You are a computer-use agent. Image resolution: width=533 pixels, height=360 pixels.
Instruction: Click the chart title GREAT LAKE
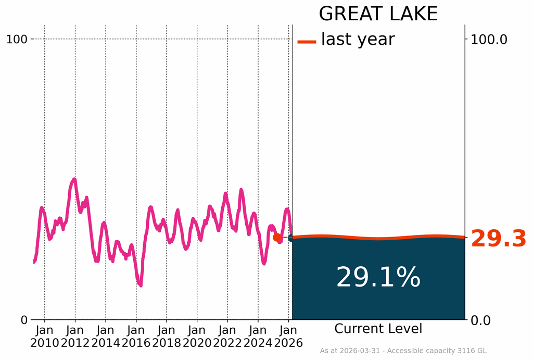(378, 14)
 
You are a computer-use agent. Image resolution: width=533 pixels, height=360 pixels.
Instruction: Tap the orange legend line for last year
(307, 42)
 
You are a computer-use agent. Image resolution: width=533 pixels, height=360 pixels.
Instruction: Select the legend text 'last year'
(358, 39)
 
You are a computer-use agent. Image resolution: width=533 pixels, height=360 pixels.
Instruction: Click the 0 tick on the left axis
(24, 320)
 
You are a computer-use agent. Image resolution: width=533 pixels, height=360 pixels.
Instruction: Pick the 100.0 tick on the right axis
(489, 39)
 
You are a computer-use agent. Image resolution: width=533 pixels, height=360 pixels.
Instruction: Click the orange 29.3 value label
(499, 239)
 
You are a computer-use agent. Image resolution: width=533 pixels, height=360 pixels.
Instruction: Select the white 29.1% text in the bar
(378, 277)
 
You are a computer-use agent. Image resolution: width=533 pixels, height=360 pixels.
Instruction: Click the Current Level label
(378, 329)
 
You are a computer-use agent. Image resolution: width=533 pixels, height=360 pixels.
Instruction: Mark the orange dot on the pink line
(277, 238)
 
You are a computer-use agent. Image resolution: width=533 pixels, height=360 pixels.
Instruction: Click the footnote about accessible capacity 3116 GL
(403, 351)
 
